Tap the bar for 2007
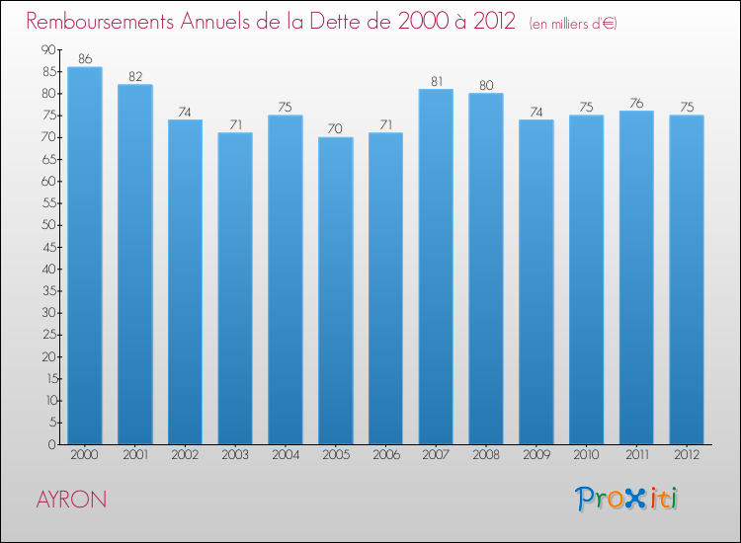coord(436,267)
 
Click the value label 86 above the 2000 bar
coord(85,59)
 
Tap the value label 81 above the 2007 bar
coord(436,82)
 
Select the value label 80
coord(486,86)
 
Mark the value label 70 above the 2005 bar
coord(335,129)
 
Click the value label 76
coord(636,104)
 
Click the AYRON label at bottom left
coord(71,500)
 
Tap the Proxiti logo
coord(628,499)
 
